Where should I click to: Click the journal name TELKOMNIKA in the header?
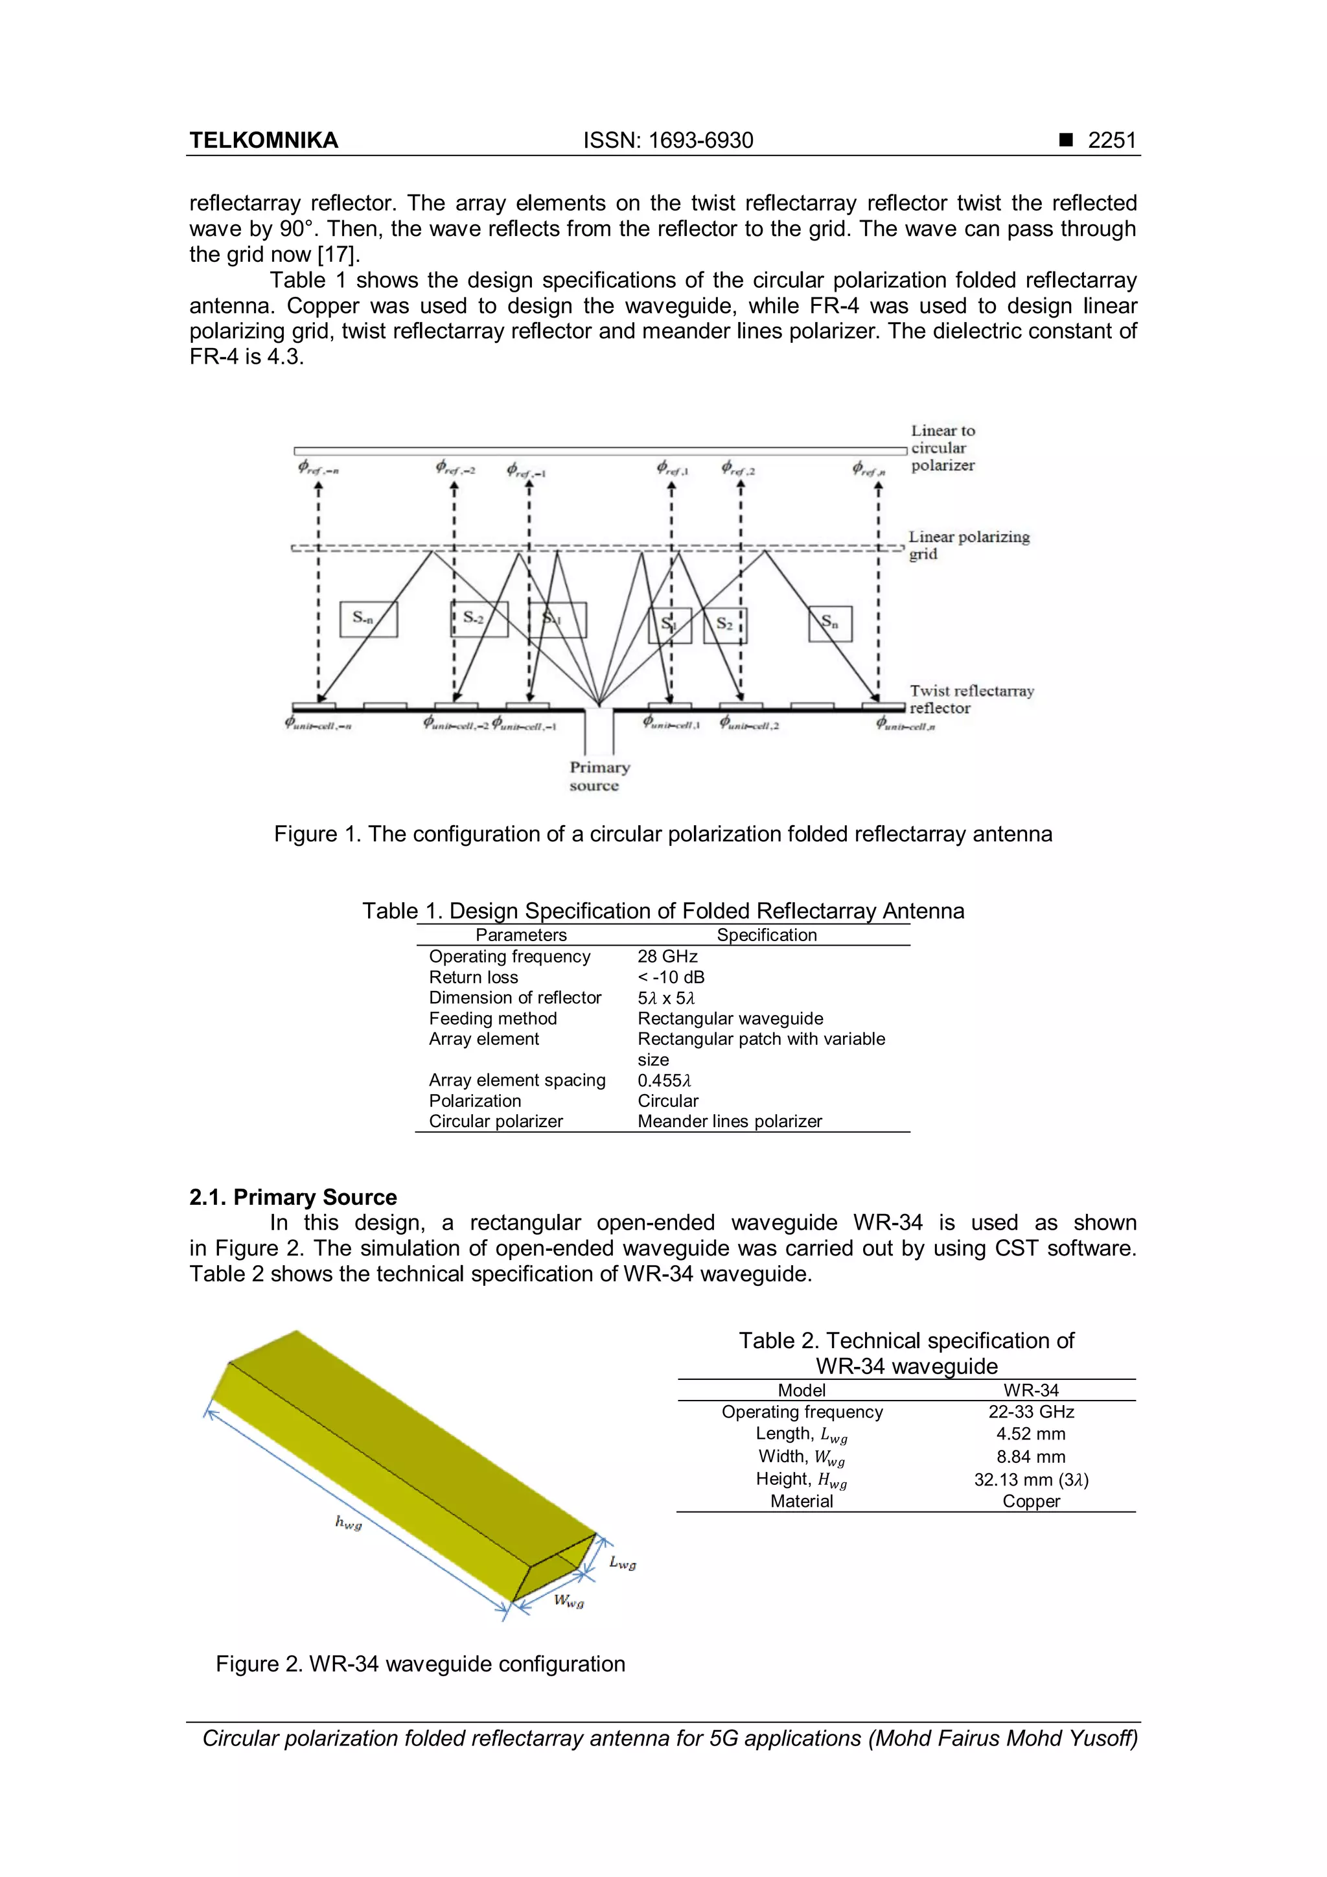tap(263, 141)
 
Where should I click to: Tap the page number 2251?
tap(1111, 141)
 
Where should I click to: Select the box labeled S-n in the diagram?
tap(369, 619)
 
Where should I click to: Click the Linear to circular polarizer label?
tap(943, 447)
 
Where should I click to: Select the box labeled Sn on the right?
tap(830, 623)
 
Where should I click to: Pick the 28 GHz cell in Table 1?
tap(667, 957)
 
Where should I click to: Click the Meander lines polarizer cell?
tap(730, 1122)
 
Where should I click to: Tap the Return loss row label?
tap(473, 978)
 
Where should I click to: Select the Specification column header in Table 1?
tap(767, 935)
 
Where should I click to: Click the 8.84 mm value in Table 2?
tap(1030, 1457)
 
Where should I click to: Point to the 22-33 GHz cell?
tap(1030, 1412)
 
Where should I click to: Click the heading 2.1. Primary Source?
tap(292, 1197)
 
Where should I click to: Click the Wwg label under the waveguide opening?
tap(569, 1601)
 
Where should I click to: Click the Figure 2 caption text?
tap(420, 1664)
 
